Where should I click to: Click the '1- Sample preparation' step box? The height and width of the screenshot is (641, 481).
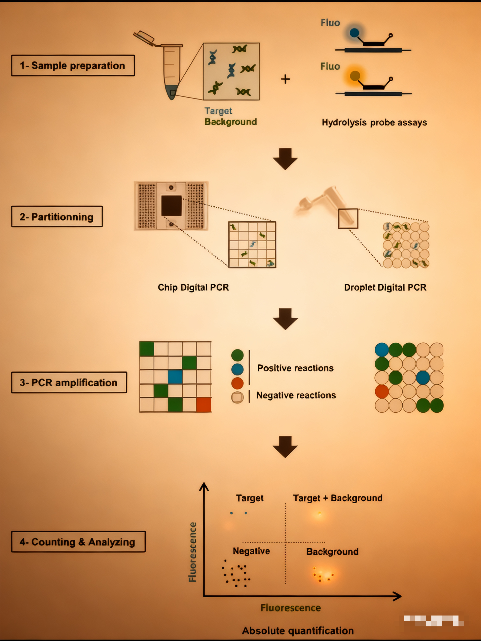[73, 66]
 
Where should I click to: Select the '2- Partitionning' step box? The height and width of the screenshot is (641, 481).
[57, 216]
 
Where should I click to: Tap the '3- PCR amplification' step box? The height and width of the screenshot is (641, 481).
[69, 383]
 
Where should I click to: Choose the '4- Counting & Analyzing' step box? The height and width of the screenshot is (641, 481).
[78, 541]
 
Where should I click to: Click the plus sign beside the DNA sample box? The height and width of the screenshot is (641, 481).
[285, 79]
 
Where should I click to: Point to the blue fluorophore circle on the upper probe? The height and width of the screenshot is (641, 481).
[354, 33]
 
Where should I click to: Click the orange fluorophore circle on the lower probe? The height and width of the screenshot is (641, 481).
[355, 76]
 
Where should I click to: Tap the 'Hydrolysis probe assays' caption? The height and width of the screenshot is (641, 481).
[374, 122]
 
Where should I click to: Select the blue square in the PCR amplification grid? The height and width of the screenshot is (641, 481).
[175, 377]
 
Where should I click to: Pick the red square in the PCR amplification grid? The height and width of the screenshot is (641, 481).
[203, 405]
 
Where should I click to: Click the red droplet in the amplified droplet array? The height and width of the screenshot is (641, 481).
[381, 391]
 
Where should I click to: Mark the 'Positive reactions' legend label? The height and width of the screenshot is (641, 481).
[295, 368]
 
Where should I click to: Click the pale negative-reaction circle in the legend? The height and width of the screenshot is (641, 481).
[237, 397]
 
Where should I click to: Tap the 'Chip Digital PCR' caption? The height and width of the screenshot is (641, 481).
[193, 287]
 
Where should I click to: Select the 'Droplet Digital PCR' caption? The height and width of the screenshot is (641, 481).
[385, 287]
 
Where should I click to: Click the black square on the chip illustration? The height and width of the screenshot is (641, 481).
[171, 206]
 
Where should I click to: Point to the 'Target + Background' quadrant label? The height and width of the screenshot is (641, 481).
[337, 498]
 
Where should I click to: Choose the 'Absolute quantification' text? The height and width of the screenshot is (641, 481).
[298, 631]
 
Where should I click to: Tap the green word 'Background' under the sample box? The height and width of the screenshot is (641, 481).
[231, 122]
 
